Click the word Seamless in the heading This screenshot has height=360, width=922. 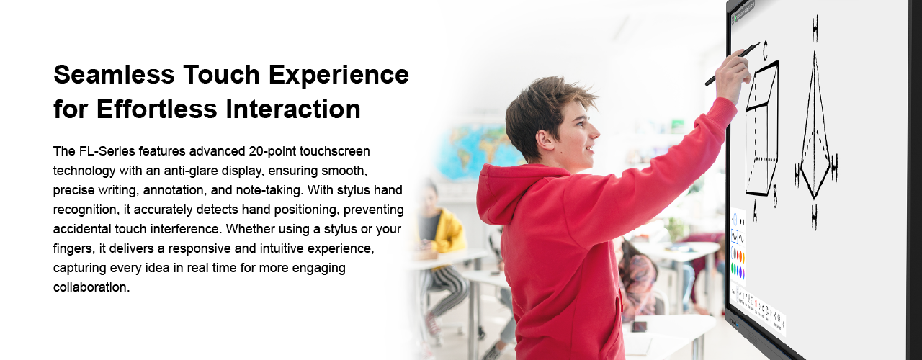point(114,74)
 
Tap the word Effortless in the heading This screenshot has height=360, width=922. point(156,109)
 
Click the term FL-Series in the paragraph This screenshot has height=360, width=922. point(107,151)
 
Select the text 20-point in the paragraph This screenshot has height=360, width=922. point(272,152)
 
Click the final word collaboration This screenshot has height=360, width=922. point(91,287)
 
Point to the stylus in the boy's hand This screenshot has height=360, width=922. point(733,64)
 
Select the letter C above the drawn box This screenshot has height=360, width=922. point(765,50)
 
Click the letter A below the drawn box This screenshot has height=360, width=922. point(755,211)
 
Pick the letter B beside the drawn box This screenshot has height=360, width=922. point(775,197)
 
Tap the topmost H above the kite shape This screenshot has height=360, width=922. point(815,28)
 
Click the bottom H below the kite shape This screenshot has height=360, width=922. point(814,217)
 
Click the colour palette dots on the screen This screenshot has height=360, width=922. point(738,264)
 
